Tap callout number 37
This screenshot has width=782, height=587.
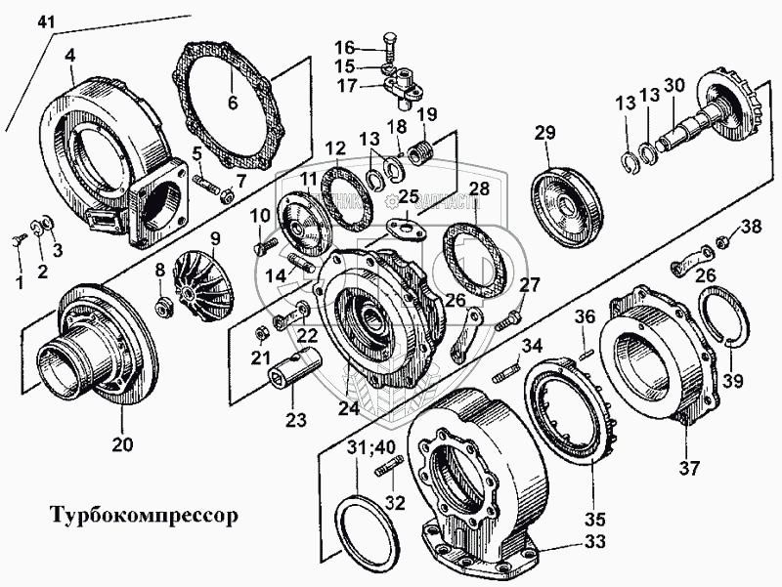(x=691, y=466)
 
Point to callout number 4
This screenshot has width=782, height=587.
(x=70, y=57)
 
